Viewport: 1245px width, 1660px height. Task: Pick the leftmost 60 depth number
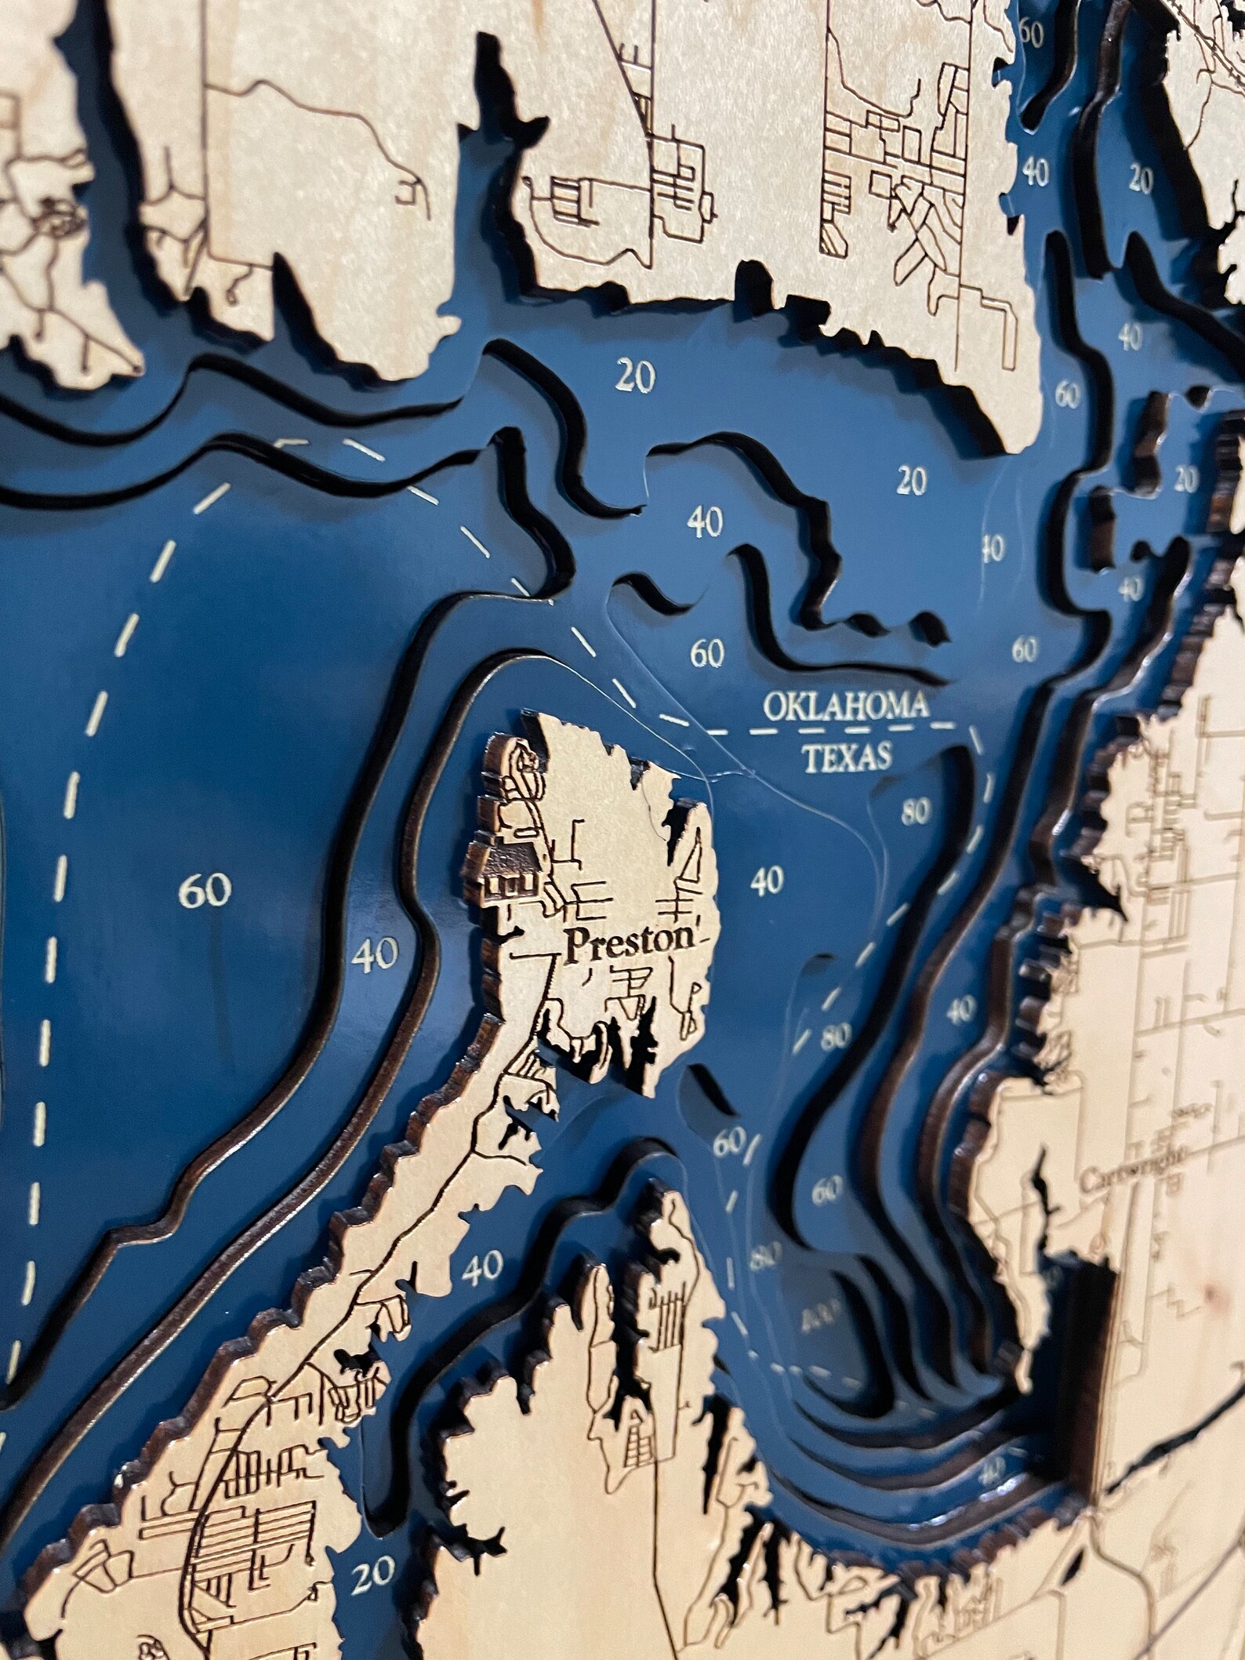[205, 891]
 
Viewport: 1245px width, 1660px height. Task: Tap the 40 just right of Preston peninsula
[766, 881]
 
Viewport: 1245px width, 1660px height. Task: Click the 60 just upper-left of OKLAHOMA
[706, 653]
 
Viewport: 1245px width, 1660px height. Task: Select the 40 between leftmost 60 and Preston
[376, 954]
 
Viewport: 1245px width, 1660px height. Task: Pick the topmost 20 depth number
[1142, 181]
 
